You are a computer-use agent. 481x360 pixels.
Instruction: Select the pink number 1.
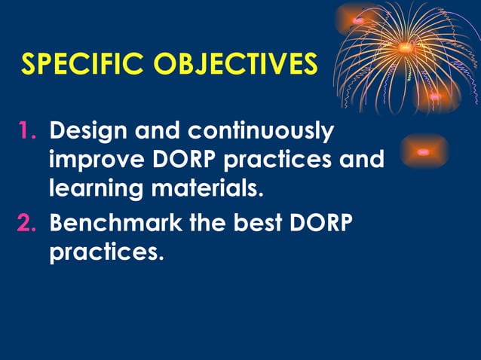[29, 133]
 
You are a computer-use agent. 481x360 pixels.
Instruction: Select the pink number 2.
[29, 224]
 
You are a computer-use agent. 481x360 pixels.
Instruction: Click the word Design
[87, 133]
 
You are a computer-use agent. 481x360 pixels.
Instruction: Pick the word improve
[92, 160]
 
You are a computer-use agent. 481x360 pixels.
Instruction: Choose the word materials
[205, 188]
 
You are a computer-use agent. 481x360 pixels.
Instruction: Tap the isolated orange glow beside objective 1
[423, 151]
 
